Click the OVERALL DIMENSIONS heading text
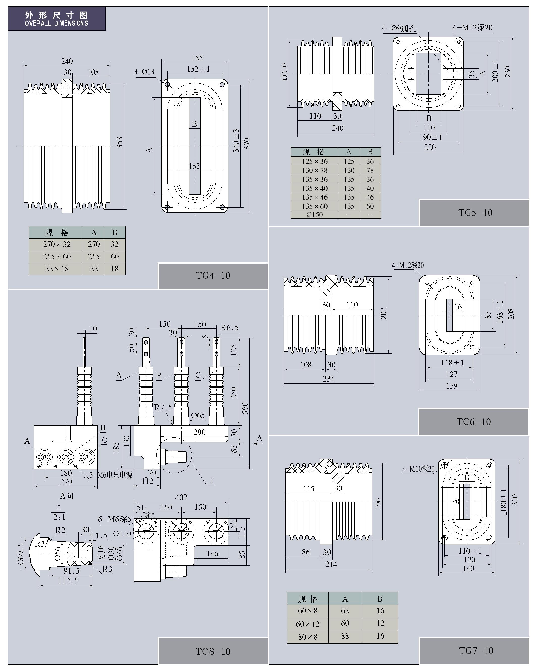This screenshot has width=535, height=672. (56, 23)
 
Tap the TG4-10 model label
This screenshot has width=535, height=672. (213, 276)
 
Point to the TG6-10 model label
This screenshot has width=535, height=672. (473, 422)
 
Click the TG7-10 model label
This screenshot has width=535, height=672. (476, 651)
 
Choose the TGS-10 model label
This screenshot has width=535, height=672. (213, 651)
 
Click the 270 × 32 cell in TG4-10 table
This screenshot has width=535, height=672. (57, 244)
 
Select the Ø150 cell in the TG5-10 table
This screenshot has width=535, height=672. (314, 214)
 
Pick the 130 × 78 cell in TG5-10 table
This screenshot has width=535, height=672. (314, 170)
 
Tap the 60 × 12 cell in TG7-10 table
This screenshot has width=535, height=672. (308, 624)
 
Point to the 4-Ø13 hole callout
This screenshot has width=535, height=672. (144, 72)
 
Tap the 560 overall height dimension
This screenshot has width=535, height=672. (245, 408)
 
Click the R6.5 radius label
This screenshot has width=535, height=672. (229, 328)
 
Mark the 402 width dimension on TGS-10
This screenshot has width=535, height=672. (181, 497)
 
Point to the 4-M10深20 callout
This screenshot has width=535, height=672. (418, 469)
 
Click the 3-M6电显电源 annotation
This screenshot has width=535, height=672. (111, 475)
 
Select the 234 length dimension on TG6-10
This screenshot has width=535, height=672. (328, 379)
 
